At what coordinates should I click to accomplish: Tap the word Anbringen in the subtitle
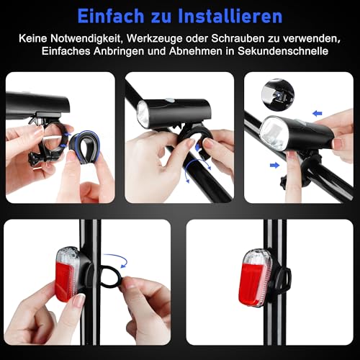[x=117, y=52]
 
